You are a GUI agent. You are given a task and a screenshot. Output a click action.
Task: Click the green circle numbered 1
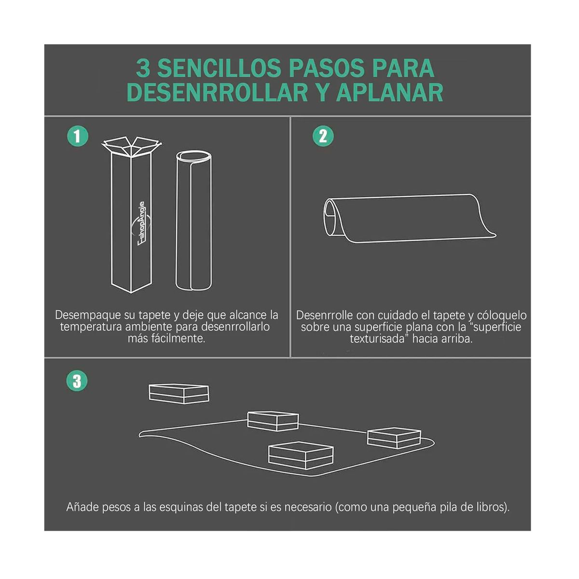(77, 136)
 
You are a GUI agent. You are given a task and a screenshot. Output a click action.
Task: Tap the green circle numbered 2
(323, 136)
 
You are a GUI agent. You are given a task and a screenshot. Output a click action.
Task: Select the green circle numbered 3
(77, 381)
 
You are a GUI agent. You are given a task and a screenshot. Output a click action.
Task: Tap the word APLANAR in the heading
(389, 93)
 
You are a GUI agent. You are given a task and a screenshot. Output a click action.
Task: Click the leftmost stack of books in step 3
(179, 393)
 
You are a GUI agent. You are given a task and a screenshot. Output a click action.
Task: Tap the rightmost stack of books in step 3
(394, 438)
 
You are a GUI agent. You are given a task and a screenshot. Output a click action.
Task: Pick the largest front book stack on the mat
(301, 455)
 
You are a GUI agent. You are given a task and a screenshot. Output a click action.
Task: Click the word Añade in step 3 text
(83, 507)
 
